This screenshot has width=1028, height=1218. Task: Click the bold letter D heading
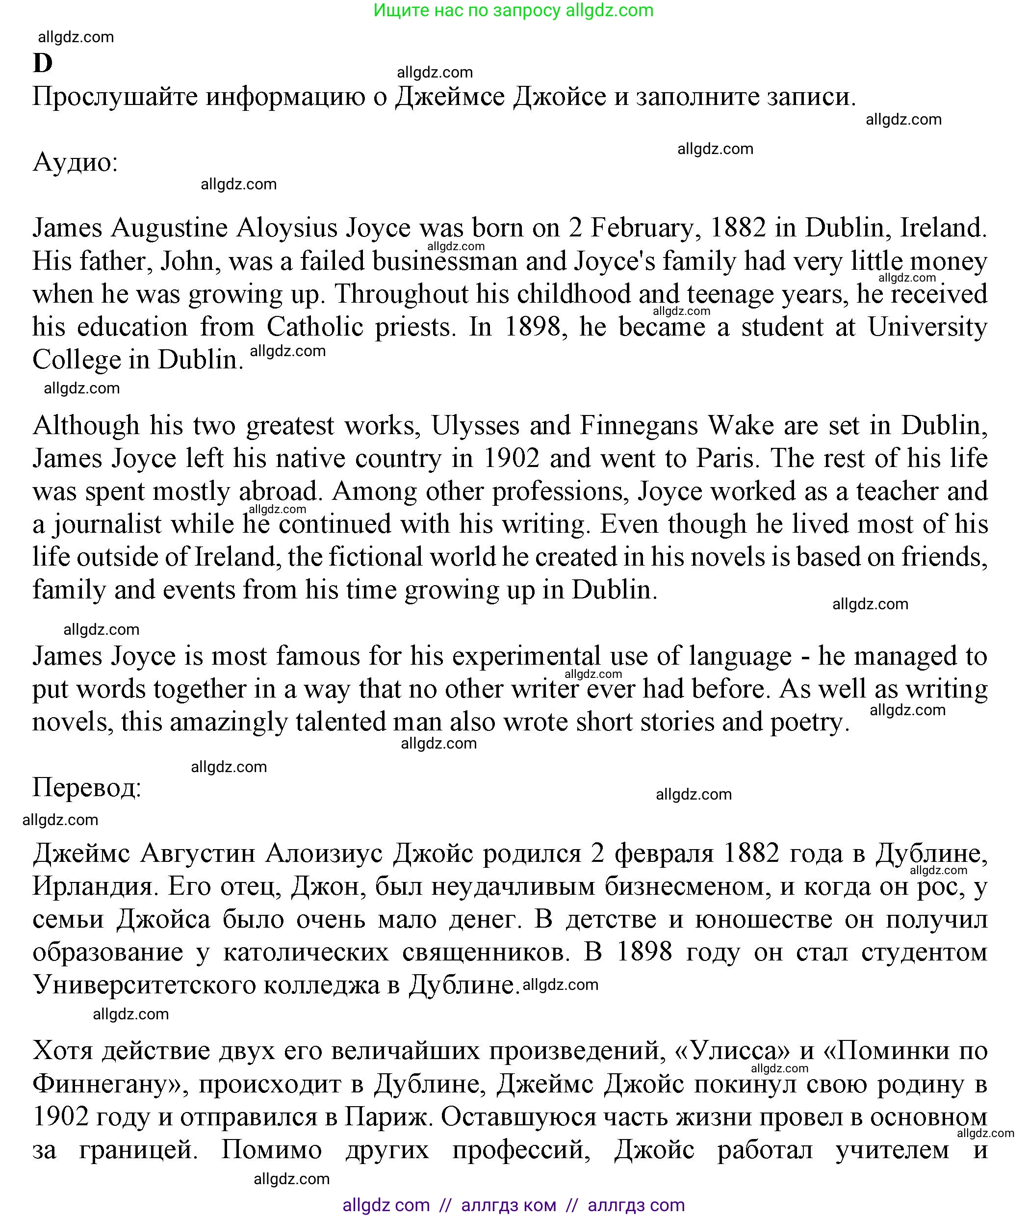(x=43, y=63)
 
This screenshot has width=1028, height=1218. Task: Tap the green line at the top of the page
(x=513, y=10)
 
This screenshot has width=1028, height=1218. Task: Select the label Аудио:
(x=75, y=162)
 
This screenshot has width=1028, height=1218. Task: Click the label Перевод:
(x=87, y=787)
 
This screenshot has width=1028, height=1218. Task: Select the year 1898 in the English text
(x=532, y=327)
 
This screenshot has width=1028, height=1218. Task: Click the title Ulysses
(x=475, y=425)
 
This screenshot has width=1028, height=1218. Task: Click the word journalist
(x=108, y=524)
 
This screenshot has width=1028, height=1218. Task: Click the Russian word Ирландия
(x=95, y=886)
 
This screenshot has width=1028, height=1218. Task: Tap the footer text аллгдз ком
(x=508, y=1205)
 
